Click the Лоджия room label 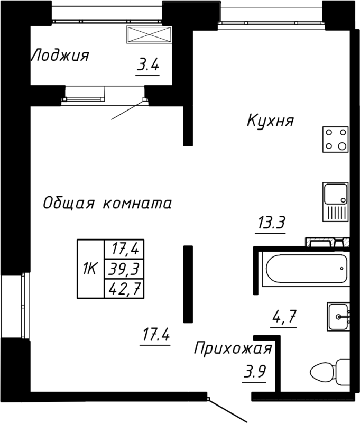59,56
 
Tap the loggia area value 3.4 147,67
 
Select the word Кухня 270,122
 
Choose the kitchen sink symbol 336,201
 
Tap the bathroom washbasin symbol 338,317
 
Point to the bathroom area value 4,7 283,318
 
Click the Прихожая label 233,348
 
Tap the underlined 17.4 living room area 155,335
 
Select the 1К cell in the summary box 89,269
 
